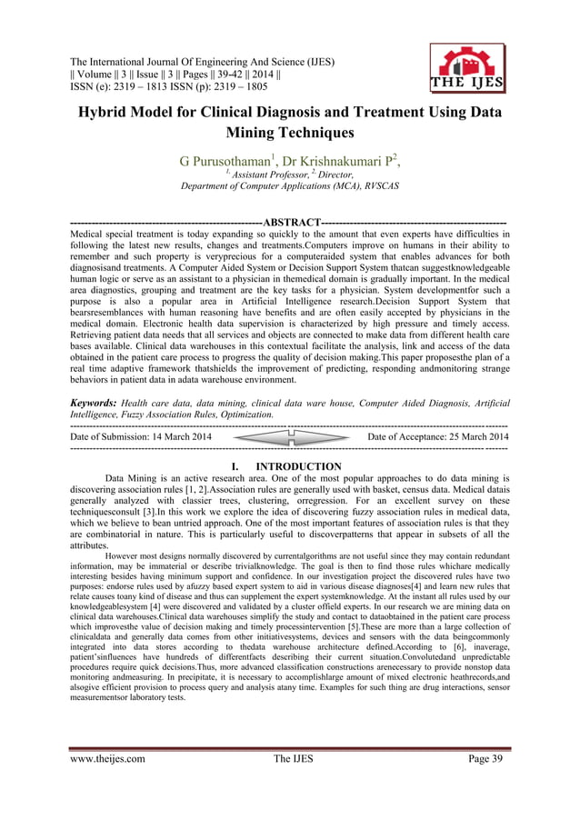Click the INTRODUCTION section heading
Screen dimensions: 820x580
coord(299,467)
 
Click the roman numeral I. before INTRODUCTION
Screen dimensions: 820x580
coord(239,467)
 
